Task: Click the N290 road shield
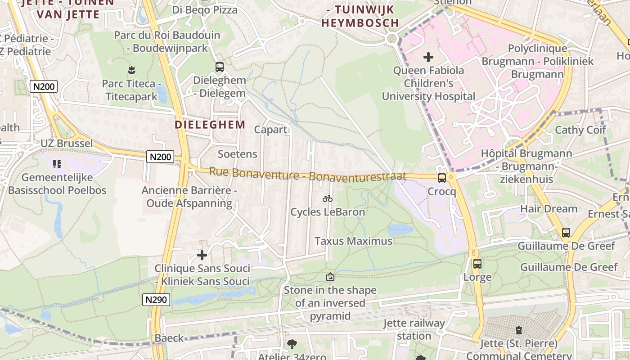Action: [156, 300]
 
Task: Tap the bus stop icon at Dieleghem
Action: [220, 67]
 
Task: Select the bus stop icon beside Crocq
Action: [442, 178]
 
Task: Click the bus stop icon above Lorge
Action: [477, 264]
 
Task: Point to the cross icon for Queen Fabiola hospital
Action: [428, 57]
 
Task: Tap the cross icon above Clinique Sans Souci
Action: [202, 255]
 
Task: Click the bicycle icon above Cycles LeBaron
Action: [328, 198]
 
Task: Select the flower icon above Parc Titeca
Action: [131, 70]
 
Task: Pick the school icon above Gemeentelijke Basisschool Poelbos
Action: [57, 164]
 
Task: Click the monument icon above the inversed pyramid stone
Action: [330, 277]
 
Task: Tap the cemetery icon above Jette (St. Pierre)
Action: [519, 330]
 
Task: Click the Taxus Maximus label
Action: [353, 241]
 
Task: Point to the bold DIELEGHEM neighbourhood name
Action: [210, 125]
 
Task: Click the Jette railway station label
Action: [414, 329]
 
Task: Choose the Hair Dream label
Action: [549, 209]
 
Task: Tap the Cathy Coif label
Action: [580, 130]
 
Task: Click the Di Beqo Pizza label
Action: [205, 9]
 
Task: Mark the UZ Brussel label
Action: [67, 144]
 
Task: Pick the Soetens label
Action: [238, 154]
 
